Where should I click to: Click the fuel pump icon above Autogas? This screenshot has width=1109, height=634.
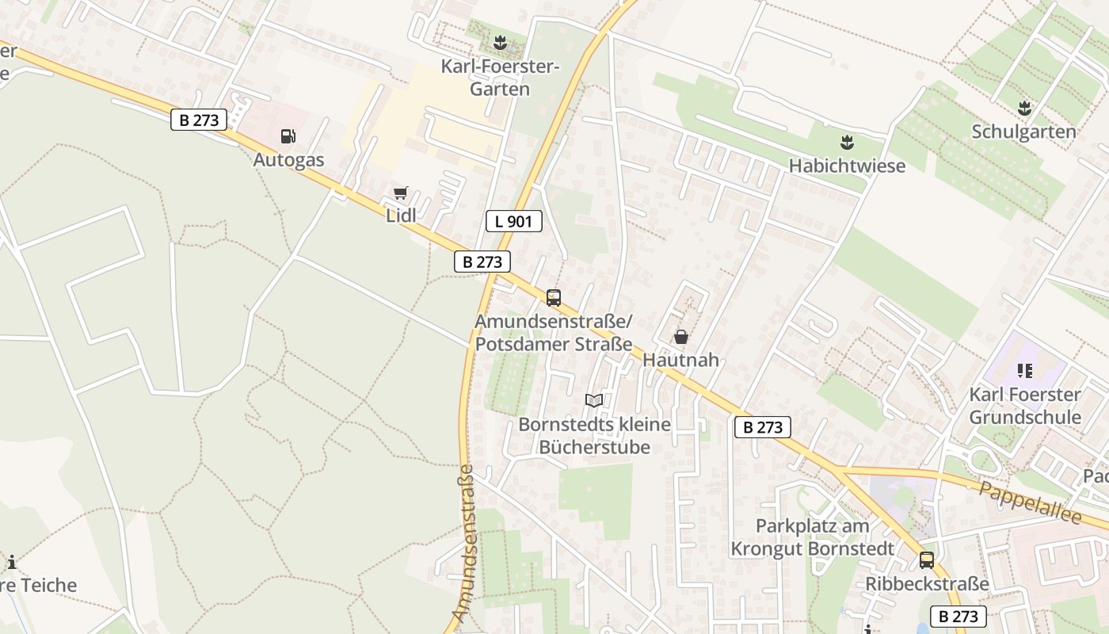coord(288,136)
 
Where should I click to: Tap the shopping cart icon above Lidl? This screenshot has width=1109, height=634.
coord(400,193)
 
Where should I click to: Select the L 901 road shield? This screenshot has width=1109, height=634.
coord(513,221)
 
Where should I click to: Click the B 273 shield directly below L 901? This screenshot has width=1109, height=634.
coord(482,262)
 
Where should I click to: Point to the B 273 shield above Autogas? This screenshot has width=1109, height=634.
coord(198,120)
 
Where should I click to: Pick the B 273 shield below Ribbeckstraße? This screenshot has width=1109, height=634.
coord(957,617)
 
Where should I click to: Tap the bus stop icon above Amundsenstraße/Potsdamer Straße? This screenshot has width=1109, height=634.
coord(553,298)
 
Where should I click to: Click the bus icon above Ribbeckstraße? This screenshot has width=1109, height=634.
coord(927,560)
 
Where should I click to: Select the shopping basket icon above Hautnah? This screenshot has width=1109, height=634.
coord(680,337)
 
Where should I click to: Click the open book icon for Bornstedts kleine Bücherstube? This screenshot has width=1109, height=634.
coord(594,400)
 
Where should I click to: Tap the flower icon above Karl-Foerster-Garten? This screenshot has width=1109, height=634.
coord(499,42)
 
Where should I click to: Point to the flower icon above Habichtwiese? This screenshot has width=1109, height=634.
coord(847,143)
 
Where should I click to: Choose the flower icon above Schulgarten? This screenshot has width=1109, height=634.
coord(1024,108)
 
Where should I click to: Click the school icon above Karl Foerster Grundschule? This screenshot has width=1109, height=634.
coord(1025,370)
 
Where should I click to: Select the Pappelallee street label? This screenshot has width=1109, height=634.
coord(1030,502)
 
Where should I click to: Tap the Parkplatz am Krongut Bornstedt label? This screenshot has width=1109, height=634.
coord(812,537)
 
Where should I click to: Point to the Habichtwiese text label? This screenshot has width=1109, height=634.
coord(847,166)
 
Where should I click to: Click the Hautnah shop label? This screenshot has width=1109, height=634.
coord(680,360)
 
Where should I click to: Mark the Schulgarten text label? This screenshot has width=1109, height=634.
coord(1023,132)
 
